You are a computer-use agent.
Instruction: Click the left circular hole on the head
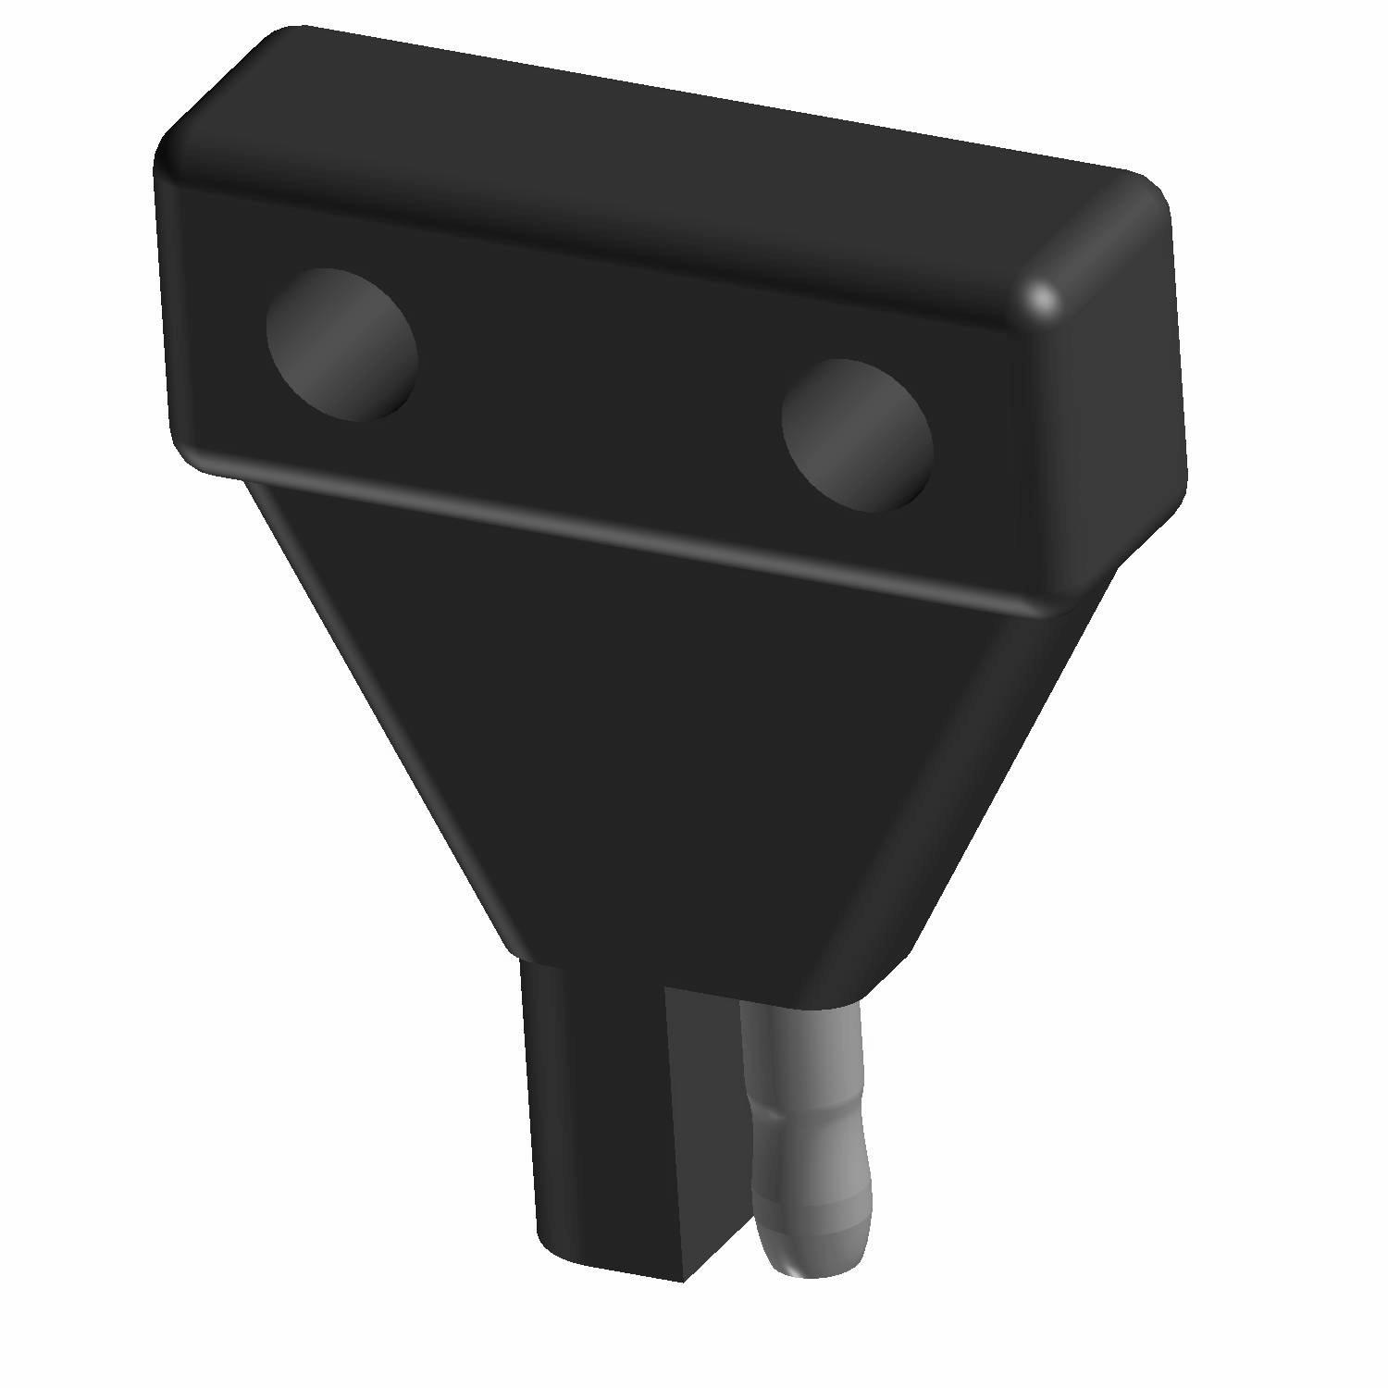[341, 344]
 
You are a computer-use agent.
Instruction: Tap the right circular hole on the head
[857, 435]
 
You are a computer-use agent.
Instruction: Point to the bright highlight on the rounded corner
[1044, 298]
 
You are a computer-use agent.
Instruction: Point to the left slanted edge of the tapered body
[379, 722]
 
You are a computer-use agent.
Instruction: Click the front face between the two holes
[592, 389]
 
